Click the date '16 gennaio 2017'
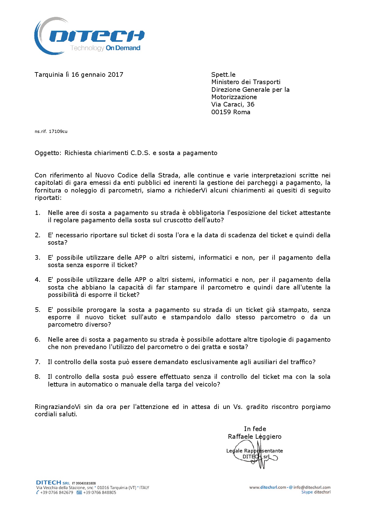[x=97, y=75]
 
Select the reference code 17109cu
[x=58, y=131]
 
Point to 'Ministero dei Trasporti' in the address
[x=246, y=82]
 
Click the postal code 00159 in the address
[x=221, y=112]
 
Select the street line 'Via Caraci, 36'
[x=232, y=104]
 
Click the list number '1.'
[x=37, y=213]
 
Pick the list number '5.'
[x=37, y=310]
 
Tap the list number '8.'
[x=37, y=377]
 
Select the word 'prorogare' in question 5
[x=102, y=310]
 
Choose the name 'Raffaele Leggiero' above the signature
[x=255, y=437]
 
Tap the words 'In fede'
[x=255, y=429]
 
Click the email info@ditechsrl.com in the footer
[x=312, y=487]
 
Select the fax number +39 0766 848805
[x=99, y=492]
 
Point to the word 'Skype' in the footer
[x=307, y=492]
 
